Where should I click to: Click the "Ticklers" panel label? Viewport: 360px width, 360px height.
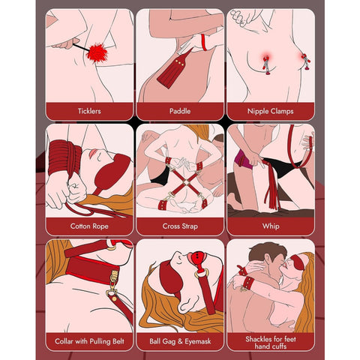click(89, 110)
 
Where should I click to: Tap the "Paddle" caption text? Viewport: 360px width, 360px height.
click(180, 110)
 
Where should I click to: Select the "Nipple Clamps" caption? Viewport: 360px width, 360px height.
click(270, 110)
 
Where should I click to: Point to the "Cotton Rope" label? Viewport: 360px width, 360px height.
click(89, 225)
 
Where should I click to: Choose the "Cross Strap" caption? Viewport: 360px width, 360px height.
click(180, 225)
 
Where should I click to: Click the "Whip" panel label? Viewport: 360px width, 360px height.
click(270, 225)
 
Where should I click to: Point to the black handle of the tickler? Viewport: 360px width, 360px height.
click(76, 46)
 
